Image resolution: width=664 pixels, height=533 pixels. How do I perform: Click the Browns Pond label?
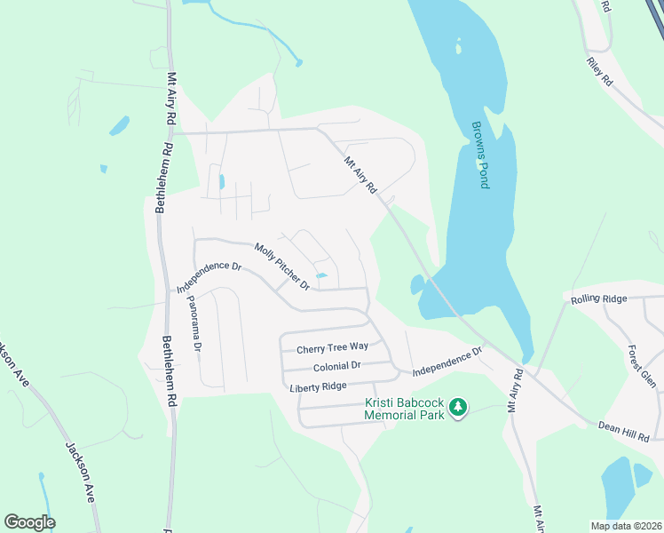tap(480, 155)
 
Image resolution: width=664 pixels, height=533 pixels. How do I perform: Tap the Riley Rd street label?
tap(600, 72)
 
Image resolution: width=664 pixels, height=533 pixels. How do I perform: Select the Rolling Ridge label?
tap(600, 298)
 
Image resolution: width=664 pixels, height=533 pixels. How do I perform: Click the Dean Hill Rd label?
tap(625, 431)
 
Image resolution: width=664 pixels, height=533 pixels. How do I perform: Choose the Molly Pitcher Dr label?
tap(281, 266)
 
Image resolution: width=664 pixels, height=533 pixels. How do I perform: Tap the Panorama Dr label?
tap(194, 322)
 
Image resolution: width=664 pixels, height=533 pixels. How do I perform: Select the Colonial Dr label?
tap(337, 366)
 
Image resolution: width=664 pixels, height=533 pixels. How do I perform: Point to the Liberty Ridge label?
tap(317, 387)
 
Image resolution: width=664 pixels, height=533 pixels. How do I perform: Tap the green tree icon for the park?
tap(458, 408)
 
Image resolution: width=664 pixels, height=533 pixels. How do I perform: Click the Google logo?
tap(30, 522)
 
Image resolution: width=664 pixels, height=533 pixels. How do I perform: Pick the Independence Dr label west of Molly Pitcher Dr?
tap(209, 277)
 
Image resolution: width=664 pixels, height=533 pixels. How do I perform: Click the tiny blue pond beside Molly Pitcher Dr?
tap(321, 275)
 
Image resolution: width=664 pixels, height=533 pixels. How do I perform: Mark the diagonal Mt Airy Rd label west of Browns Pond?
tap(361, 174)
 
